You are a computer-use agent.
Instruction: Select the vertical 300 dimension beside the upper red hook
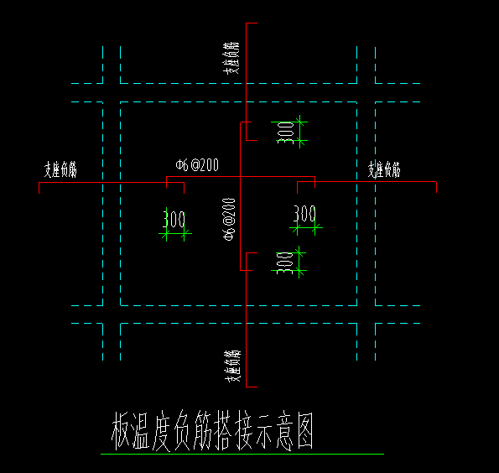[287, 133]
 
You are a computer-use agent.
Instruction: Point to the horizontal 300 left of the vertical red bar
[174, 220]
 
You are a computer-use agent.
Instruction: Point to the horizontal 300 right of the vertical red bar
[305, 214]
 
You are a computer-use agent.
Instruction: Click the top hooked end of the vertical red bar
[247, 123]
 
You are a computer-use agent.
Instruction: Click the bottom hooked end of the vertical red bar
[247, 270]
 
